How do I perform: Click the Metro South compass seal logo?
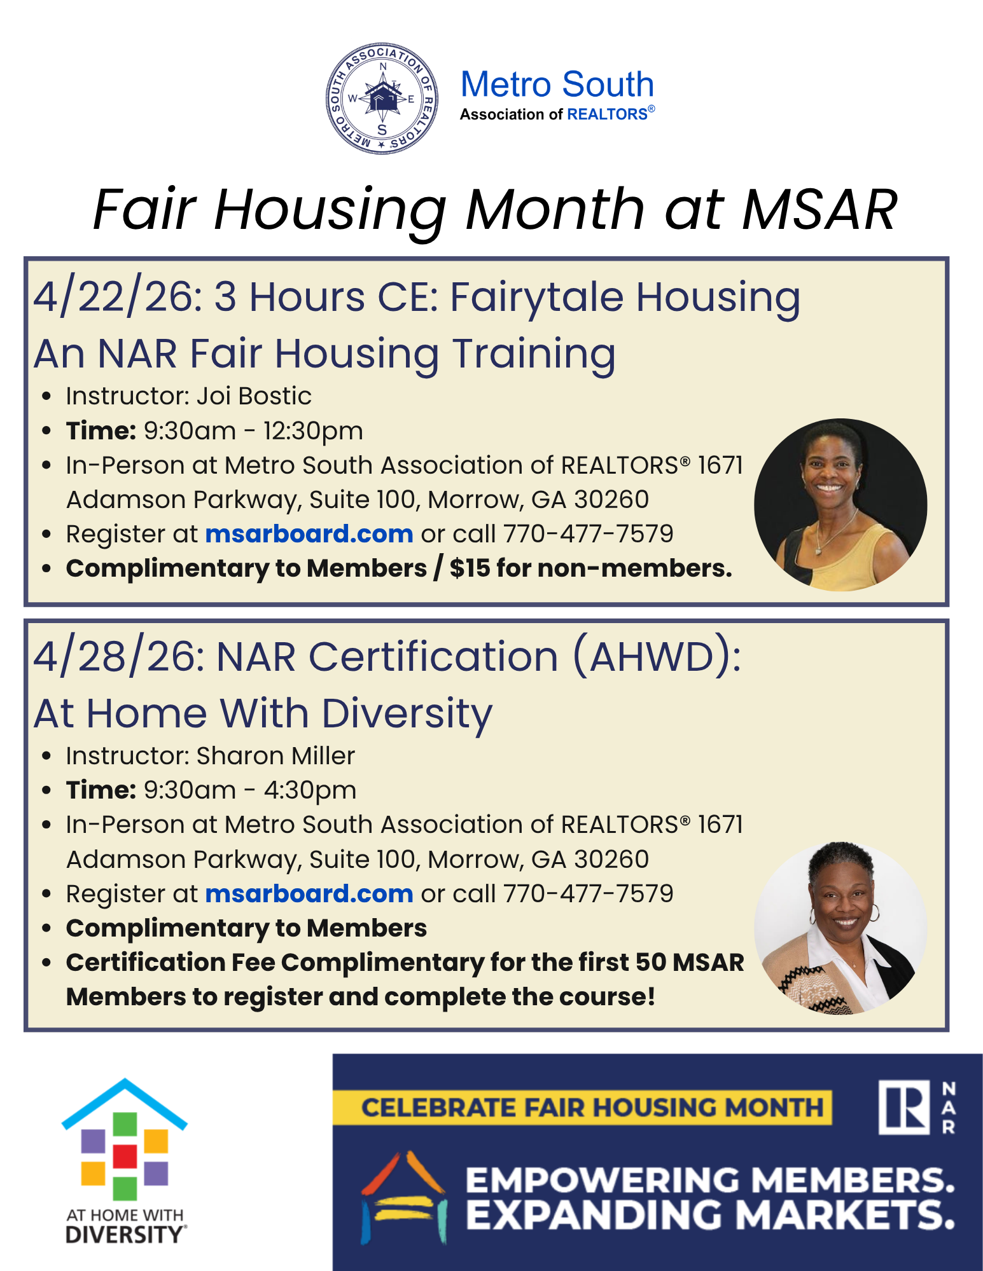coord(382,99)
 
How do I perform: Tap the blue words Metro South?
coord(557,85)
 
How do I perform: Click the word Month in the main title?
coord(555,209)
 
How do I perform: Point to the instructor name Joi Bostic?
coord(254,396)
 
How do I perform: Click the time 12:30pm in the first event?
coord(313,431)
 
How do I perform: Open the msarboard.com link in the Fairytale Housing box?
coord(309,534)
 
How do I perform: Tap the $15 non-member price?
coord(470,568)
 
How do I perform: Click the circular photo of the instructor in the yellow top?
coord(840,505)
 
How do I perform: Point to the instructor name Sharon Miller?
coord(275,756)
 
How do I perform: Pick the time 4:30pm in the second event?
coord(310,790)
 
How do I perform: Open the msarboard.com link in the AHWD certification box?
coord(309,893)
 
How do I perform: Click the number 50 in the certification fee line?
coord(650,963)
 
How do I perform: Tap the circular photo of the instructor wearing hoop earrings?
coord(840,928)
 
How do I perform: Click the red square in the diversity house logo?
coord(125,1156)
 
